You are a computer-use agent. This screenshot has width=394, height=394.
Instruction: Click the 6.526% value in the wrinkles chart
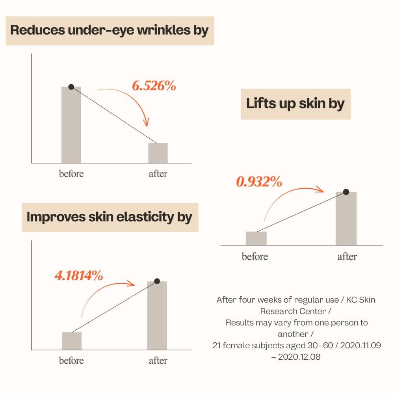(x=154, y=86)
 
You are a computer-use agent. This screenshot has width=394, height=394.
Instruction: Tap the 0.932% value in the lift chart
(x=259, y=182)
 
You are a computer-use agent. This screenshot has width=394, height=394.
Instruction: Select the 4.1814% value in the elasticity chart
(x=79, y=275)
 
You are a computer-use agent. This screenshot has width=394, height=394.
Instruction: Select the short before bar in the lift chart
(x=256, y=238)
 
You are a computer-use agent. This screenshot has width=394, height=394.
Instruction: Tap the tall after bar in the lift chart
(x=346, y=219)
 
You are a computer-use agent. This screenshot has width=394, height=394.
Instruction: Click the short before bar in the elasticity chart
(x=72, y=341)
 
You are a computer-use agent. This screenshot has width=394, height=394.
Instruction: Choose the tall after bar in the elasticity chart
(x=157, y=315)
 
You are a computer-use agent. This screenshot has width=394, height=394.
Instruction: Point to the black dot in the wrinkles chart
(x=71, y=87)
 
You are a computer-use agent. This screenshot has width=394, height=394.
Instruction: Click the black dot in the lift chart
(x=346, y=192)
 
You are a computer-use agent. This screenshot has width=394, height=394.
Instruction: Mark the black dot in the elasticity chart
(x=157, y=281)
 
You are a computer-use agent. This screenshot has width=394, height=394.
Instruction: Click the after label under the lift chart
(x=347, y=257)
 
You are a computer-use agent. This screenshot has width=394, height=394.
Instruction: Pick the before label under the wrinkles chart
(x=71, y=174)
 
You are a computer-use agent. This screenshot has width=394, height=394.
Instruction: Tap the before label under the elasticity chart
(x=71, y=361)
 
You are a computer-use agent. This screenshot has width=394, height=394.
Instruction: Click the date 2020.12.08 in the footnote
(x=299, y=357)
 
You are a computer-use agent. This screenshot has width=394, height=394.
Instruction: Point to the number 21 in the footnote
(x=216, y=346)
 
